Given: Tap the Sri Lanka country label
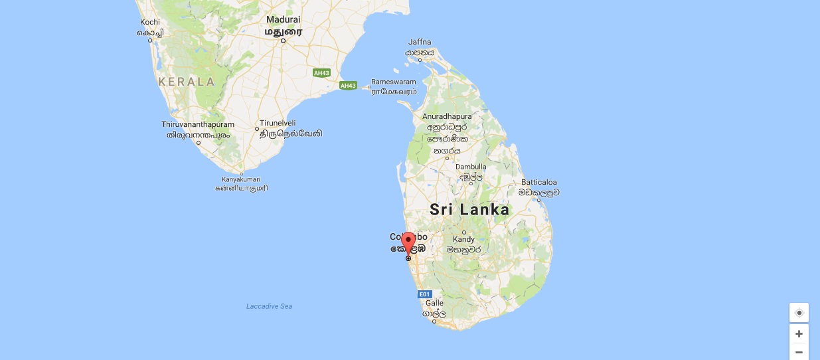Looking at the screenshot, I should [469, 210].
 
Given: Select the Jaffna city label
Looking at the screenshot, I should [420, 42].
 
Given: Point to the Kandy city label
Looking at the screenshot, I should [463, 239].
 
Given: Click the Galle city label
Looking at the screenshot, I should [434, 303].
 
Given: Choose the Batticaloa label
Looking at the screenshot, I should [538, 182].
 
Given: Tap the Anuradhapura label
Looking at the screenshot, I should [448, 116].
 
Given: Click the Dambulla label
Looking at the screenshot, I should [471, 167].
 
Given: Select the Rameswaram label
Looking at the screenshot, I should [394, 82].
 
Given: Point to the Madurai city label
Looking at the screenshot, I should [284, 20].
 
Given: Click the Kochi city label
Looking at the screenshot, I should [150, 23].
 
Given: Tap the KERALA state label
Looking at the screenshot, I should [187, 82].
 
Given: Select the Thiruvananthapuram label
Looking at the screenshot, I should [198, 124].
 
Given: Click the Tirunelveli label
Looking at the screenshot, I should [278, 123].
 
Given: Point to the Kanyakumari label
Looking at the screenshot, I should [241, 179].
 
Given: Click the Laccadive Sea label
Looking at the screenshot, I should [269, 306].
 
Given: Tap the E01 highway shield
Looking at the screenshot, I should [425, 294].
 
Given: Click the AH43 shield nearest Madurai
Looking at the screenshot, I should [321, 72].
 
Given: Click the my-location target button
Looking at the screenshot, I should [799, 313].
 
